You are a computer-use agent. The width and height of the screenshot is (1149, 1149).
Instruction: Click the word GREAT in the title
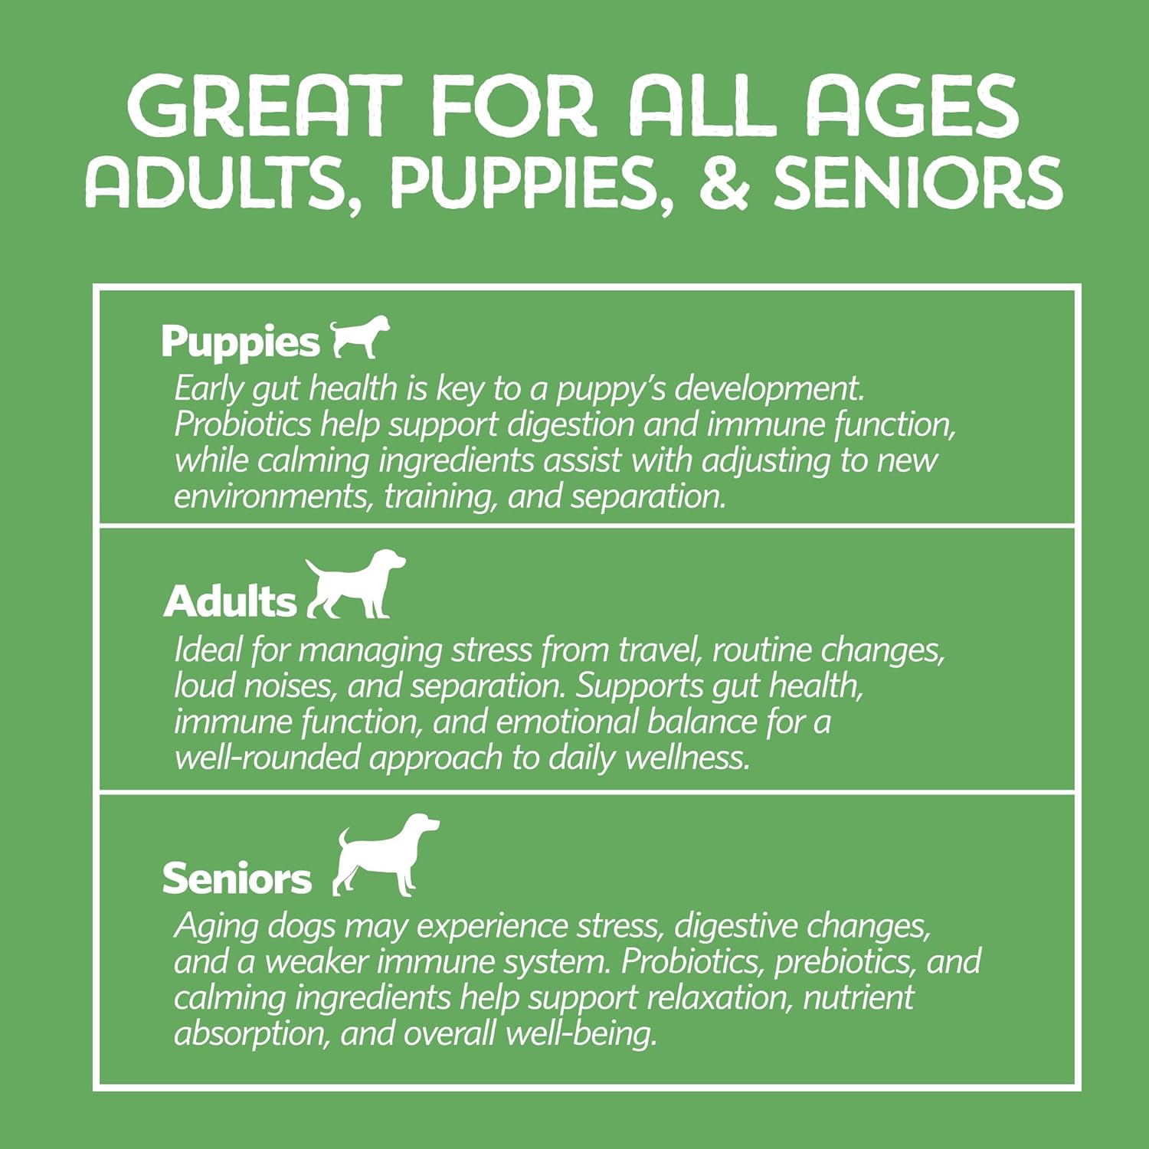pos(264,106)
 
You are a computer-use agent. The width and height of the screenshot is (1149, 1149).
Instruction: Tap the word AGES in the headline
pos(912,106)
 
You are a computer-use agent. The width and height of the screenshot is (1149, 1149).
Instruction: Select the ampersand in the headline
pos(724,183)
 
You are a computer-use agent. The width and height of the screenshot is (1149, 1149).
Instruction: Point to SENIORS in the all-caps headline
pos(918,183)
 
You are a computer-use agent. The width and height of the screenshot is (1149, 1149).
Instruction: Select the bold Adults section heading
pos(230,601)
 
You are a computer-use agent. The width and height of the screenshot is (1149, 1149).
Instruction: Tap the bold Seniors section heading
pos(237,878)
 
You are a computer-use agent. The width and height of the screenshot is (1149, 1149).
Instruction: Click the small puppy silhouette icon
pos(359,337)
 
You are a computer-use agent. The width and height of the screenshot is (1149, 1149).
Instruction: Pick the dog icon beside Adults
pos(355,584)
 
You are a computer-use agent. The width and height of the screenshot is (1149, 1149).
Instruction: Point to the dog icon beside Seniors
pos(386,855)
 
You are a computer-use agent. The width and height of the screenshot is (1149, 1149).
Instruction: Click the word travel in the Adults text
pos(660,650)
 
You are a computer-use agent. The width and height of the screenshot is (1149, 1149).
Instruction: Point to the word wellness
pos(688,758)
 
